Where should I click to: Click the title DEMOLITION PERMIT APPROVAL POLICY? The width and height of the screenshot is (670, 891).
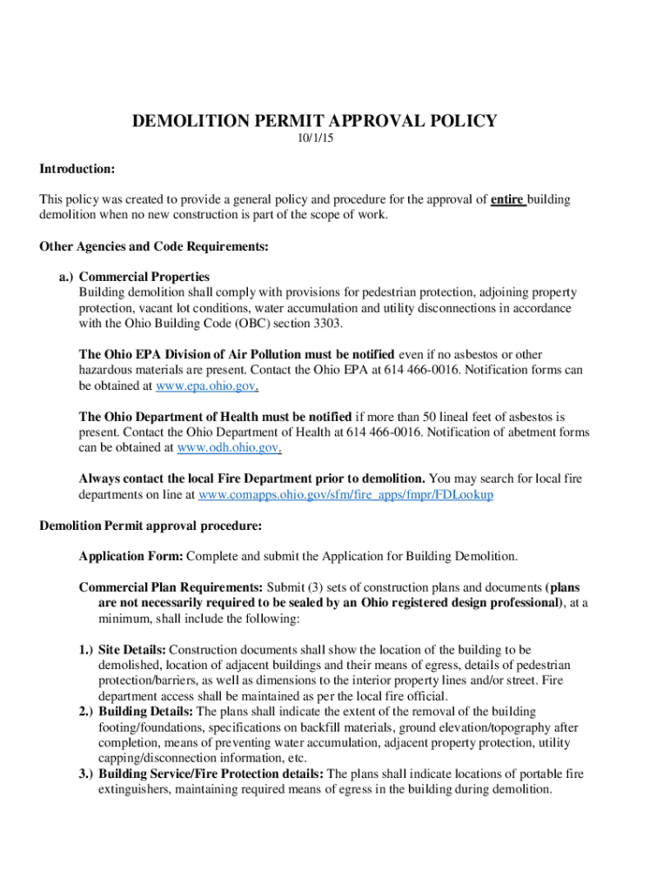(314, 121)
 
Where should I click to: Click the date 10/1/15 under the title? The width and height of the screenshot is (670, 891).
(314, 140)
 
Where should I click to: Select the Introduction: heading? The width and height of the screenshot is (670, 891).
(77, 168)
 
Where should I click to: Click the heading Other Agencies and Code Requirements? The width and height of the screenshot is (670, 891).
(154, 246)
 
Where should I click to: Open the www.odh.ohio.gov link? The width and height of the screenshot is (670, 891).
(229, 447)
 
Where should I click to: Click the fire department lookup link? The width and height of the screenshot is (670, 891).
(346, 494)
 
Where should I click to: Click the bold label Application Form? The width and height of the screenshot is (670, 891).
(131, 556)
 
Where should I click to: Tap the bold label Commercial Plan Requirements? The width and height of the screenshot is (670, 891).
(171, 587)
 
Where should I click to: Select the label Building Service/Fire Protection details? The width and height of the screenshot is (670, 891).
(211, 774)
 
